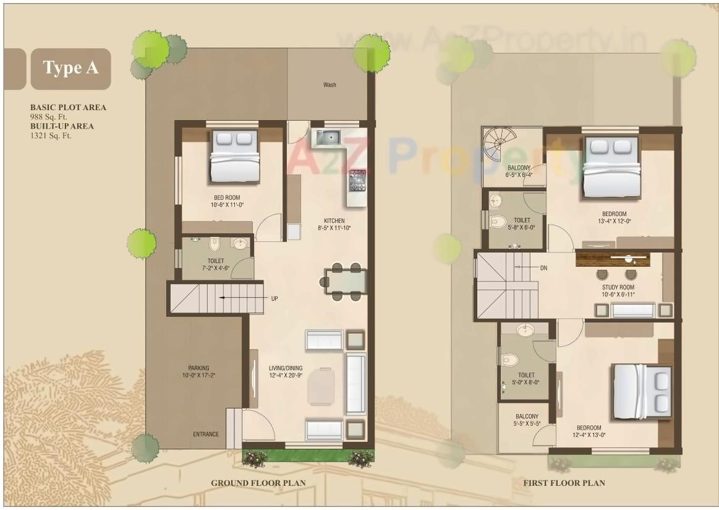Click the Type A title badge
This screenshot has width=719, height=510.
(70, 68)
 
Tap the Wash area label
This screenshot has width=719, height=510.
(330, 85)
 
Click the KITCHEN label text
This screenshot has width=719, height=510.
(334, 221)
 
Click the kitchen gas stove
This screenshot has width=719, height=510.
(357, 180)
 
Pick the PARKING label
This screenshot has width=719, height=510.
(199, 368)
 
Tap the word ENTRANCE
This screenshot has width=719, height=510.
(205, 434)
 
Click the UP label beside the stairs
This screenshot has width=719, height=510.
(274, 298)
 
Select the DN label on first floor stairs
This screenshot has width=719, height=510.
(543, 267)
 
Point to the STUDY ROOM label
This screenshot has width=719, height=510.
(618, 288)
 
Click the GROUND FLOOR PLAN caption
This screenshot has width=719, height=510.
(258, 483)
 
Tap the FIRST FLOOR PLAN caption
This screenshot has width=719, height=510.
(564, 483)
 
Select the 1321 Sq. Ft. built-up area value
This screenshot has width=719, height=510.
(51, 135)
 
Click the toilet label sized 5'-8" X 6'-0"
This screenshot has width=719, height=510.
(522, 223)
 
